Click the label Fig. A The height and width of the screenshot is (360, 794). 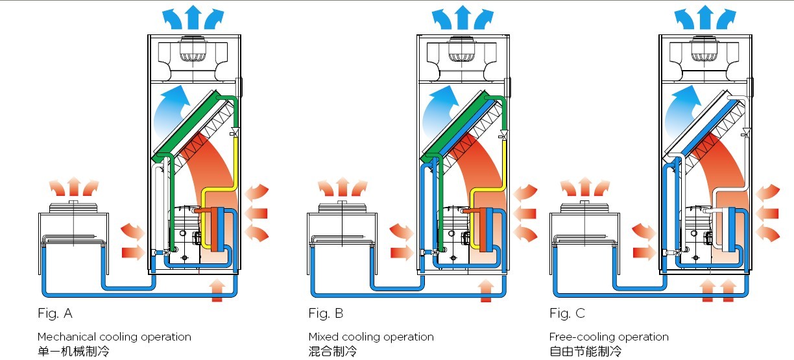pos(55,314)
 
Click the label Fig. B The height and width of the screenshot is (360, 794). pos(326,314)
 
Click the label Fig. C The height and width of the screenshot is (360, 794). pos(567,314)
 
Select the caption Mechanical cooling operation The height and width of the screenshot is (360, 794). pos(114,337)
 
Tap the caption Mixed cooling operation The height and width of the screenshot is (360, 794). pos(371,337)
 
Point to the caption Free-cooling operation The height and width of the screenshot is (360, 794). pos(608,337)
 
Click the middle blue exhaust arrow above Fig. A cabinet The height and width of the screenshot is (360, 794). pos(194,15)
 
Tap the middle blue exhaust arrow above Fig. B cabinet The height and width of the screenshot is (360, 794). pos(461,15)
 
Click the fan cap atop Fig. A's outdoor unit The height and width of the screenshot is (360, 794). pos(73,206)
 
